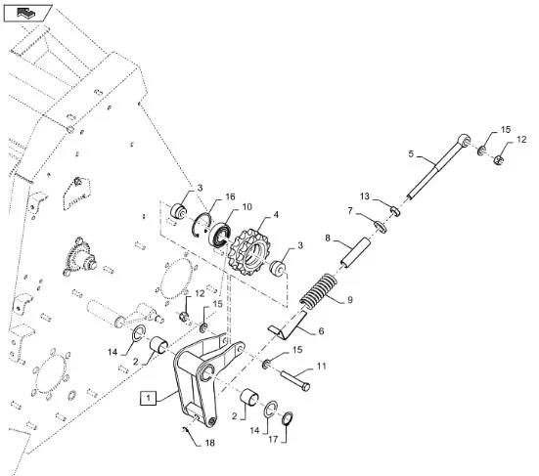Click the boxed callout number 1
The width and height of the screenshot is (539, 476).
tap(148, 399)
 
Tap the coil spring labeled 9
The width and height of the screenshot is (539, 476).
tap(319, 291)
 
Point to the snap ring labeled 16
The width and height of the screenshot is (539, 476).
tap(202, 225)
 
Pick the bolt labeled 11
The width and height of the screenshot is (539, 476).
tap(295, 380)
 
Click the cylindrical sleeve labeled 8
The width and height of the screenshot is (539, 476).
tap(355, 252)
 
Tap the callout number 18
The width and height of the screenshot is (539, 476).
tap(209, 443)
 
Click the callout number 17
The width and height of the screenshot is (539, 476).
tap(273, 439)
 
